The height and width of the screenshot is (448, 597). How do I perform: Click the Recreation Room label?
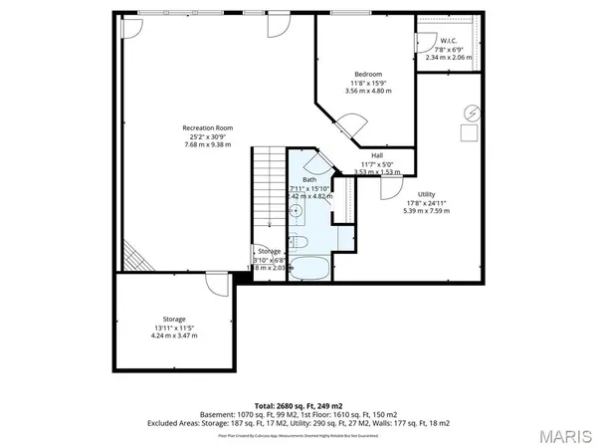pos(207,127)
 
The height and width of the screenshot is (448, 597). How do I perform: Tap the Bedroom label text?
pos(368,75)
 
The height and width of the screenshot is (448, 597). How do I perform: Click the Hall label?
pos(377,155)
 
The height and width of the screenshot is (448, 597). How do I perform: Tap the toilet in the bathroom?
pos(302,244)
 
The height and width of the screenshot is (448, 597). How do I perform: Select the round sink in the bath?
pos(298,211)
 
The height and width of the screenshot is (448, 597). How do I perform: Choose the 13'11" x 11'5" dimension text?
pos(174,327)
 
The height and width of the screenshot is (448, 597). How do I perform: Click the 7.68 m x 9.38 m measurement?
pos(207,144)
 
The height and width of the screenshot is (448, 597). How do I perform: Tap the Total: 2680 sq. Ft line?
pos(298,406)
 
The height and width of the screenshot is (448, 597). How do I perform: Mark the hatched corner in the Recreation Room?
pos(130,256)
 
